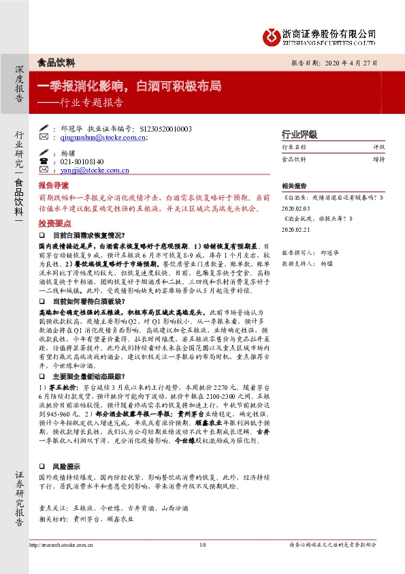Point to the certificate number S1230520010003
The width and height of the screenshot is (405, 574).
click(165, 127)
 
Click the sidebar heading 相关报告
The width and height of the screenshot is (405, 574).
click(293, 185)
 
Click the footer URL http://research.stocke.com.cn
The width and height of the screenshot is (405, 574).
click(61, 545)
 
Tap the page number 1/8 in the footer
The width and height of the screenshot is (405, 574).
click(202, 545)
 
